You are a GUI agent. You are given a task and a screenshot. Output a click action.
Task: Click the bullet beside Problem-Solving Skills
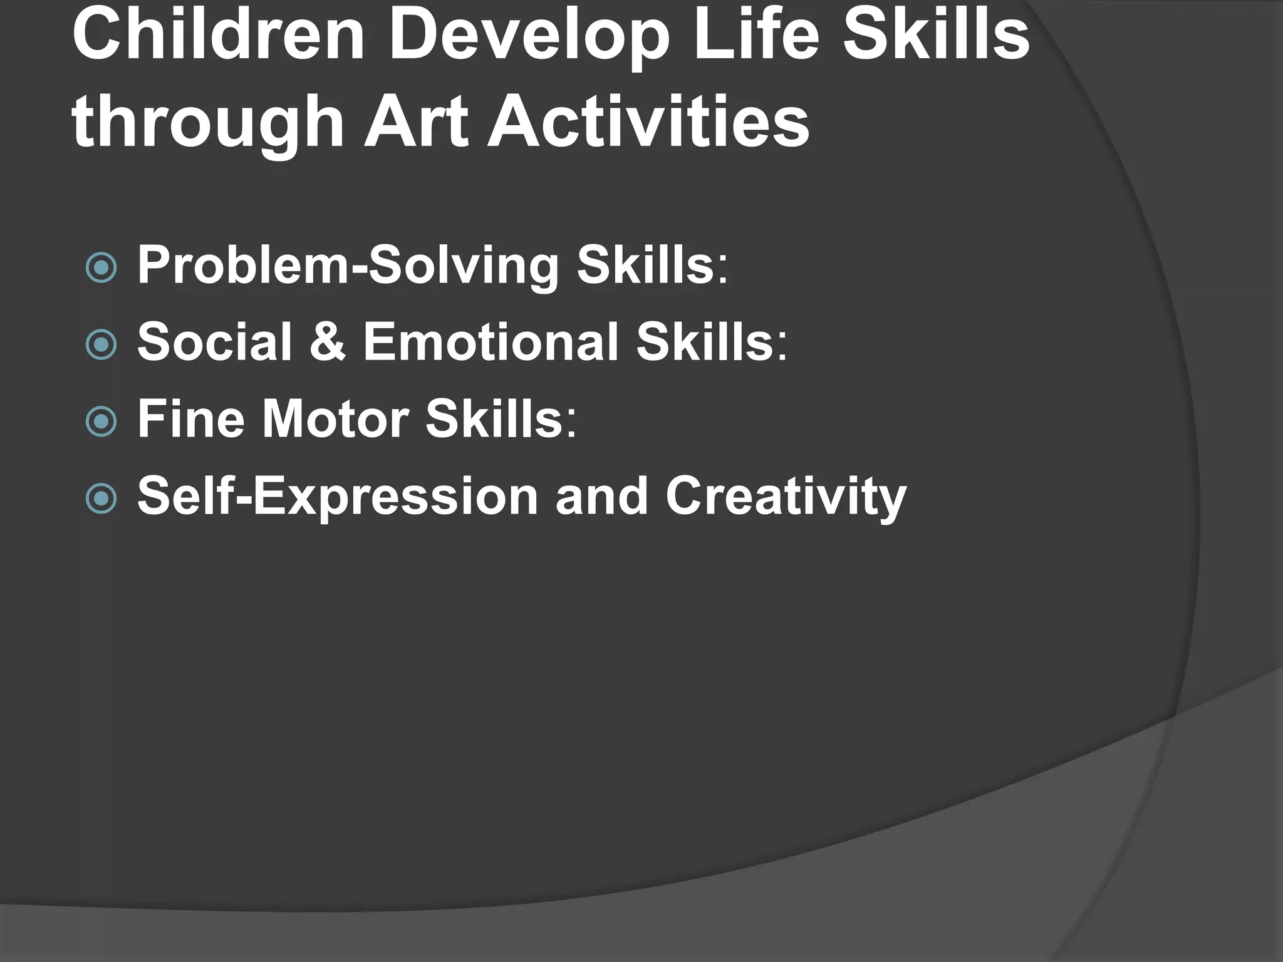point(101,268)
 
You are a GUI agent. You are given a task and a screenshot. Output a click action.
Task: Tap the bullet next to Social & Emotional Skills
point(101,344)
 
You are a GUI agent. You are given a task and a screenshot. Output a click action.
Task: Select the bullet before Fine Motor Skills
point(101,422)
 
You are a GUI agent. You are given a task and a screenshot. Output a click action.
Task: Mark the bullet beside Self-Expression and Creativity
point(101,499)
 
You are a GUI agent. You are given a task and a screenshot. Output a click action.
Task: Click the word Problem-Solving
point(348,266)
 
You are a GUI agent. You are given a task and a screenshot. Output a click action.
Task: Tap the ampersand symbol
point(328,342)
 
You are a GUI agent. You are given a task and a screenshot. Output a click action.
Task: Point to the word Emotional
point(491,342)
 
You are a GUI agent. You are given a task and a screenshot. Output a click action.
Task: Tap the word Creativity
point(786,497)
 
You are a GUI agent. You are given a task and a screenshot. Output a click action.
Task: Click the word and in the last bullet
point(601,497)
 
